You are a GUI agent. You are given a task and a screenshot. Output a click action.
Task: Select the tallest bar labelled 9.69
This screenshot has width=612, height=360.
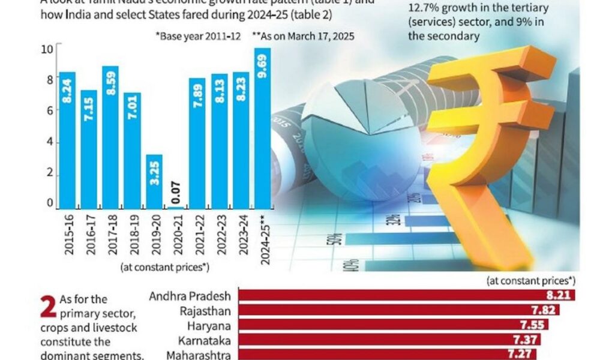[262, 128]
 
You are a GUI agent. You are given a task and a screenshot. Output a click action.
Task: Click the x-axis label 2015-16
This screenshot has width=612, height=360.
[68, 236]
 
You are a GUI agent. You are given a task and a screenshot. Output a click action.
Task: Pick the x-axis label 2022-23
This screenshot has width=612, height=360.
[219, 236]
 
